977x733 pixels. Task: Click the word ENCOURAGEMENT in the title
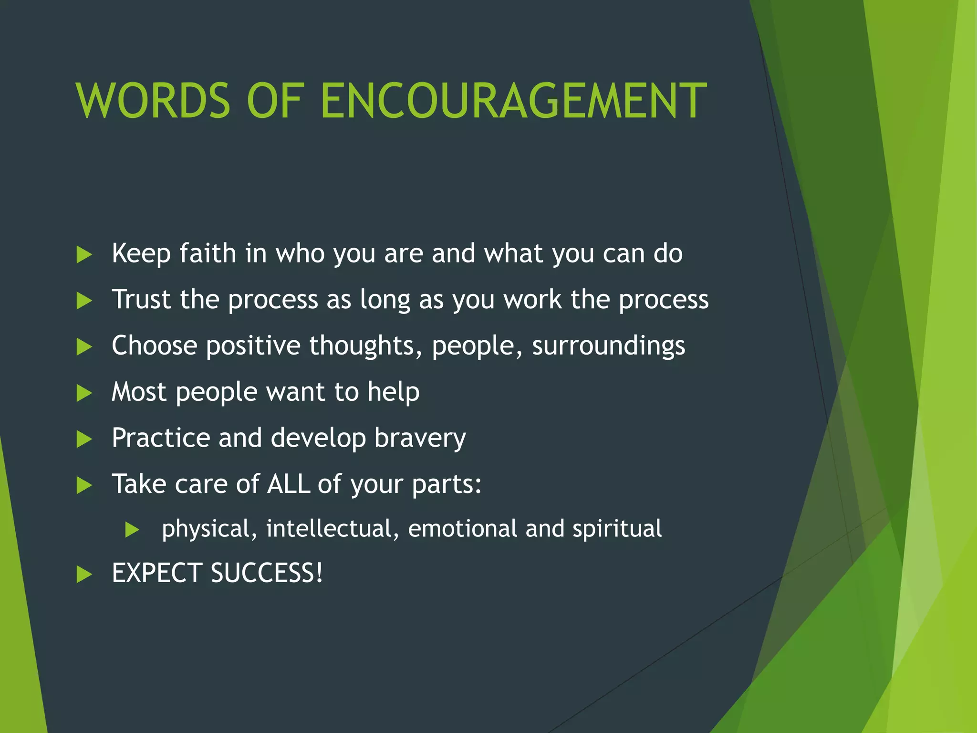pos(513,101)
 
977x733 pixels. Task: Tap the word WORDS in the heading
pos(153,101)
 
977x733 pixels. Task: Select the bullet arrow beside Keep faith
pos(84,255)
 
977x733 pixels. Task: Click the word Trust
pos(141,299)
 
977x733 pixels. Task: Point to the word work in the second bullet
pos(532,299)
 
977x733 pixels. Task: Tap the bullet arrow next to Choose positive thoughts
pos(84,347)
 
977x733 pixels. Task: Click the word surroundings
pos(608,346)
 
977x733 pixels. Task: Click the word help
pos(393,392)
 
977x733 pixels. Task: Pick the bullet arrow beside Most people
pos(84,393)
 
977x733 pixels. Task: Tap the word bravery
pos(420,438)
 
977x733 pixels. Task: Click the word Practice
pos(161,438)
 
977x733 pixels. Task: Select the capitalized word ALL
pos(288,484)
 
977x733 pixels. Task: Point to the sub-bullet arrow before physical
pos(132,530)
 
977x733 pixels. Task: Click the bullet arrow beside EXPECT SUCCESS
pos(84,575)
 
